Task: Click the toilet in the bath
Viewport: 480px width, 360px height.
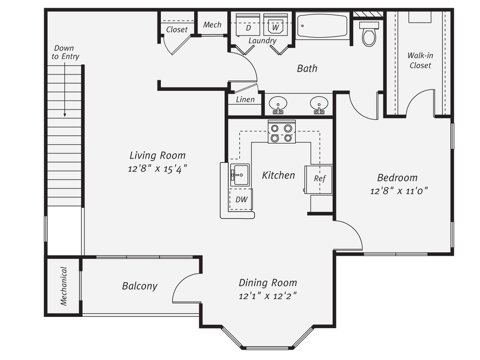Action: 369,34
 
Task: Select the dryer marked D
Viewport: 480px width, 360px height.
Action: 248,25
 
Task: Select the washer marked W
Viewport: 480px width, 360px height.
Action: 275,25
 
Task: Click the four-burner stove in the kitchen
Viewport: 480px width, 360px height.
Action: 282,132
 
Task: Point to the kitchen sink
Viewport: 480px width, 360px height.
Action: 240,174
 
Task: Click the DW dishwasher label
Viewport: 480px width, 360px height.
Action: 241,200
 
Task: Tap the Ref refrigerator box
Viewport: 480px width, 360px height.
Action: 320,179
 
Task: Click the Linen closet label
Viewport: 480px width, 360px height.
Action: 245,100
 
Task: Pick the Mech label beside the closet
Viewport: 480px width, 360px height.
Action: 212,25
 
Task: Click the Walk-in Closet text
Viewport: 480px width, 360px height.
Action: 420,60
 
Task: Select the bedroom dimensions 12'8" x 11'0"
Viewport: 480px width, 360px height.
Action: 399,191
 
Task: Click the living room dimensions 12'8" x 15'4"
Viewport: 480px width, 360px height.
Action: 157,168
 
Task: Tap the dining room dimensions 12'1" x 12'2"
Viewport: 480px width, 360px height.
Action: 268,296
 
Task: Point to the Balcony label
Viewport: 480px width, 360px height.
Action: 140,286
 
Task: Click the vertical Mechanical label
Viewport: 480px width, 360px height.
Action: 64,286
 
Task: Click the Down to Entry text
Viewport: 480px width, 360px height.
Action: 65,52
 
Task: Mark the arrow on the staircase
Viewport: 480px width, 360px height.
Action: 65,90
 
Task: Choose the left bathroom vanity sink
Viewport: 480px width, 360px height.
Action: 278,104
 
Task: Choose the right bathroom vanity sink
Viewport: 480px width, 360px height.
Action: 319,104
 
